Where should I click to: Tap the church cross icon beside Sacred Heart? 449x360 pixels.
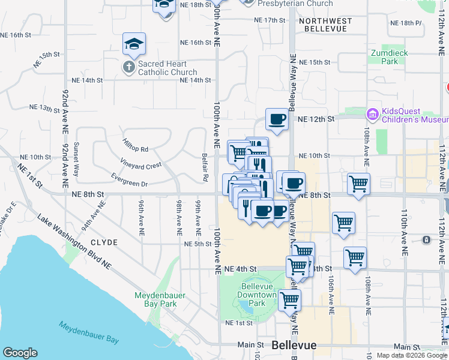[129, 68]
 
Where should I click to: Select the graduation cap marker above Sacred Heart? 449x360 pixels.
[134, 44]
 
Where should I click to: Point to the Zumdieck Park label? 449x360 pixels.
[390, 57]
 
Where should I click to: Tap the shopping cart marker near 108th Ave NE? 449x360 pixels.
[358, 184]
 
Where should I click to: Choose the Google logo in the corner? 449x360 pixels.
[20, 352]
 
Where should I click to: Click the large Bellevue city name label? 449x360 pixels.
[294, 346]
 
